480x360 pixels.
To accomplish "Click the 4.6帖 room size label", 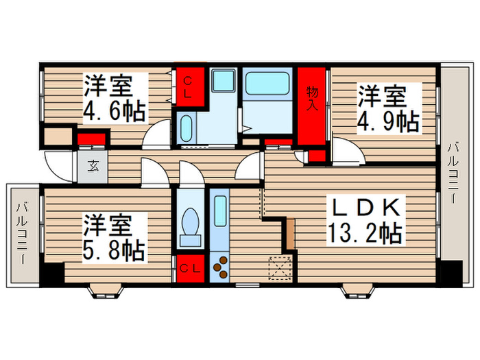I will [115, 111].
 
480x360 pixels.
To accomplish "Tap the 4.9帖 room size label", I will [388, 121].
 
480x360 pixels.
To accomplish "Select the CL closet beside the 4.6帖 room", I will [189, 88].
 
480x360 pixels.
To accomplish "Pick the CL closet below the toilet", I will [189, 268].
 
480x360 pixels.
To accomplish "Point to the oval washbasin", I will [187, 129].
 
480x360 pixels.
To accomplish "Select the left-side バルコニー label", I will [22, 234].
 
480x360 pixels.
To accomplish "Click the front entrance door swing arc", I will [53, 165].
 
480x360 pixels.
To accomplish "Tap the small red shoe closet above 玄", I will [90, 141].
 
